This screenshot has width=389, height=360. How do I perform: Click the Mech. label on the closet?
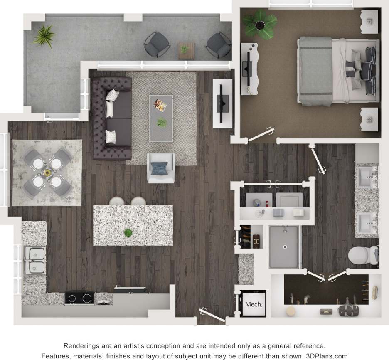coord(253,304)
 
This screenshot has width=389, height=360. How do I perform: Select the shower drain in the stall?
coord(286,246)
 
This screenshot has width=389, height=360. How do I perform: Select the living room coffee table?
coord(161,118)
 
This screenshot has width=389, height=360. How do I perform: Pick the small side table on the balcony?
coord(184,49)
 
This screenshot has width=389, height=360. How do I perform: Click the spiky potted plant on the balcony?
coord(43,36)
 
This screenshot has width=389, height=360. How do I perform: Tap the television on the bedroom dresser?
coord(248,69)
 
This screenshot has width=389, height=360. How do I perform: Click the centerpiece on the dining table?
coord(47,173)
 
